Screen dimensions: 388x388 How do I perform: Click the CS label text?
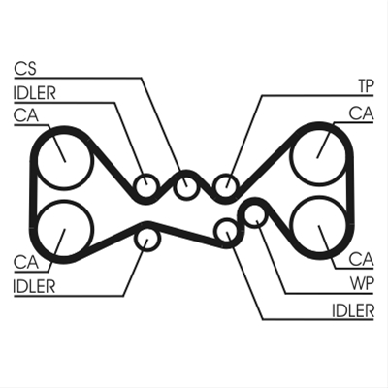[x=25, y=69]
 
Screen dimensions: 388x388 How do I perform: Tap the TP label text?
[x=366, y=86]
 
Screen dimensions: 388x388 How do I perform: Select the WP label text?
[x=362, y=283]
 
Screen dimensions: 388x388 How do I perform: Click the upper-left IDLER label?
[x=35, y=93]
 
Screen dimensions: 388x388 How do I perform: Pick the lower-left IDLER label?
[x=35, y=286]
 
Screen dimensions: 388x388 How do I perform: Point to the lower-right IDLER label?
[x=353, y=310]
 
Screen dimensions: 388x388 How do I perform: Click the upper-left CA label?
[x=26, y=115]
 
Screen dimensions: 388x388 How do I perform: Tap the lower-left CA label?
[x=26, y=262]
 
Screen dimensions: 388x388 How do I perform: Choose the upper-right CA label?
[x=362, y=113]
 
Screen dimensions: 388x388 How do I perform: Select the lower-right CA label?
[x=362, y=259]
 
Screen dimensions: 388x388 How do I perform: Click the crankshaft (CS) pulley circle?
[x=185, y=185]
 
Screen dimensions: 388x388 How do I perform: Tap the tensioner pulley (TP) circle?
[x=227, y=185]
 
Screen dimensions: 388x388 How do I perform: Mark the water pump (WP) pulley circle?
[x=256, y=216]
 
